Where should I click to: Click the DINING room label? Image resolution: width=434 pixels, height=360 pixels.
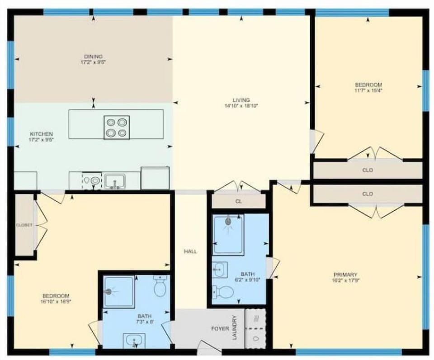tap(93, 57)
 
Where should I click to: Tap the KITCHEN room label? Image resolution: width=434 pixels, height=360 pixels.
tap(42, 134)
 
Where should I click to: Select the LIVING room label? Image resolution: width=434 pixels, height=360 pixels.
tap(241, 100)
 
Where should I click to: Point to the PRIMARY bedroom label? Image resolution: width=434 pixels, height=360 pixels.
tap(345, 275)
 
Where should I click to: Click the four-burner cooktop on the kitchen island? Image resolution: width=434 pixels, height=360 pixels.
tap(117, 128)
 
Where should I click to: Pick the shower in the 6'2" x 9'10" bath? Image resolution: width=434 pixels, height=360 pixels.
tap(228, 235)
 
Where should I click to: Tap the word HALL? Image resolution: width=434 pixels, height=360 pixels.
tap(190, 251)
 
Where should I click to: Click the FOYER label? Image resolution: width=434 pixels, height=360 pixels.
tap(220, 329)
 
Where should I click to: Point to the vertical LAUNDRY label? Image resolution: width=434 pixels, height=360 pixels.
tap(235, 327)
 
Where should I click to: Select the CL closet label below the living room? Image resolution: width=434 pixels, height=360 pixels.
tap(239, 202)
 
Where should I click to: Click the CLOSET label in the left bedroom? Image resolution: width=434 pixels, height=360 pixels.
tap(24, 225)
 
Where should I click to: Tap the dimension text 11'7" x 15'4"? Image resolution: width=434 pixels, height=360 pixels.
tap(368, 90)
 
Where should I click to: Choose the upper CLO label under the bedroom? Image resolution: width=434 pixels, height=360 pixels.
tap(368, 171)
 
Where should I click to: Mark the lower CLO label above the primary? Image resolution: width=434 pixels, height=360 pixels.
tap(368, 194)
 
